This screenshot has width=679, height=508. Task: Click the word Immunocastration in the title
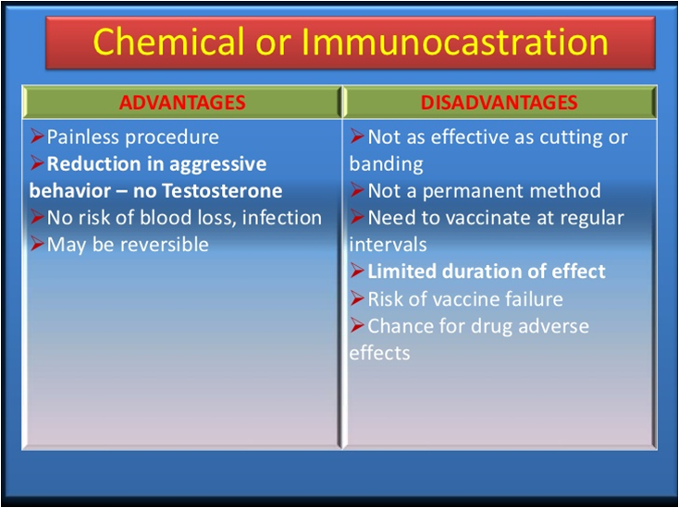click(x=454, y=42)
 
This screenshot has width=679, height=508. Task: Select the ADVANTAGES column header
click(x=182, y=103)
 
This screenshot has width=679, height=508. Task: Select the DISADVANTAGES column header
click(x=500, y=103)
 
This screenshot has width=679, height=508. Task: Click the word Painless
click(x=83, y=137)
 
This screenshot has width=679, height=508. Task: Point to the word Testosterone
click(x=222, y=190)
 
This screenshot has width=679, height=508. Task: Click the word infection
click(x=282, y=217)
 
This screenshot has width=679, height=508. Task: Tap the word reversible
click(x=164, y=245)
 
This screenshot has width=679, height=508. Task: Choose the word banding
click(x=387, y=164)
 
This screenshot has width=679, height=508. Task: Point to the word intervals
click(x=388, y=245)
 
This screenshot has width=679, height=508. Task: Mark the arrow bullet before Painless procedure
click(x=37, y=137)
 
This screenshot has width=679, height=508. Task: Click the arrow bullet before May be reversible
click(x=37, y=244)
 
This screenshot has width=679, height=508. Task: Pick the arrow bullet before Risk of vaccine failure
click(x=358, y=298)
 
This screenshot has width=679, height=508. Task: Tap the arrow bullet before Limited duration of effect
click(x=358, y=271)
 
